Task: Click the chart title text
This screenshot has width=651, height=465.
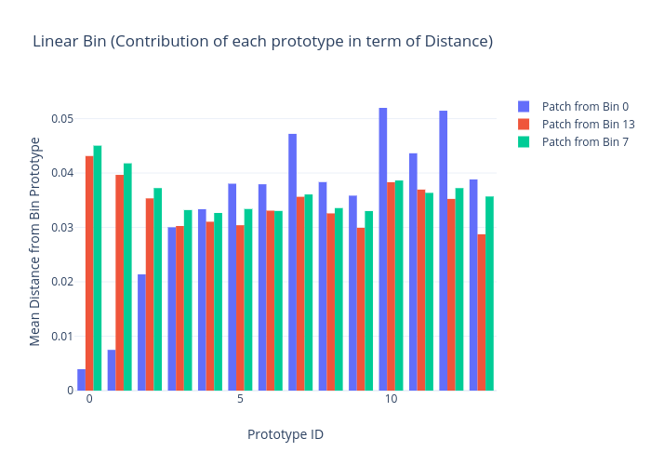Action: click(x=262, y=42)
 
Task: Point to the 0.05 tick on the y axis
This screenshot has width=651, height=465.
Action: click(x=60, y=119)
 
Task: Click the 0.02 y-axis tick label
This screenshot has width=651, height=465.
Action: click(x=60, y=282)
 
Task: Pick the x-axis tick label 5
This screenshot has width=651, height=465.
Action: click(x=240, y=399)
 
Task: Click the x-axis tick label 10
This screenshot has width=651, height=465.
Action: click(x=391, y=399)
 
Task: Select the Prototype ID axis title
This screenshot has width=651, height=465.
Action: click(x=285, y=434)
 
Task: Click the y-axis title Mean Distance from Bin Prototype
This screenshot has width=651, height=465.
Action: click(x=35, y=242)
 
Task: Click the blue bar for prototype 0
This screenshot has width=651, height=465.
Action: click(x=82, y=379)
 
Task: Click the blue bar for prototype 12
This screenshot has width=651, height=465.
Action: click(x=444, y=251)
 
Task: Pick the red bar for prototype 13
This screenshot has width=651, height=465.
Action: click(x=482, y=312)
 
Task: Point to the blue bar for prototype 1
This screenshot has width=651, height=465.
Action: click(x=112, y=370)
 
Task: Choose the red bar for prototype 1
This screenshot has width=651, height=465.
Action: click(x=120, y=283)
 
